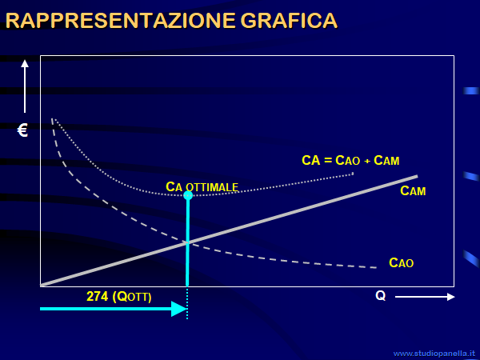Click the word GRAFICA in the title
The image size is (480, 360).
pos(289,21)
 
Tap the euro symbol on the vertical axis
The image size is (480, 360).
pos(22,130)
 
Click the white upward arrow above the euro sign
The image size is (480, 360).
pos(25,86)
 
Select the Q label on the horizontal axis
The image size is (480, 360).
pos(381,296)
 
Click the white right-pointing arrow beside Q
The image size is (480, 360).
pos(425,297)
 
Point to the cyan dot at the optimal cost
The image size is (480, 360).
pos(188,195)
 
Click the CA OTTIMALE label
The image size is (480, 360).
pos(202,186)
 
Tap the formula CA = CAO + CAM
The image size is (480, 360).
pos(350,161)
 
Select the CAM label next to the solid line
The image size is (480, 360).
pos(413,190)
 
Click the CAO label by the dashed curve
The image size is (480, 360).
pos(401,262)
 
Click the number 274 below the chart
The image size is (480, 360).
pos(98,296)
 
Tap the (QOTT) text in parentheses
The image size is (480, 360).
pos(132,297)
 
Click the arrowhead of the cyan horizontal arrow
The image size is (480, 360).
pos(179,309)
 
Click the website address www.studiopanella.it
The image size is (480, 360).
pos(434,354)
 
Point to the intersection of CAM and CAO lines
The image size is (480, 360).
pos(187,242)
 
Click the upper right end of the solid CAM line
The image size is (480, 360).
pos(418,176)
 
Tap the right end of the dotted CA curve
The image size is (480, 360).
pos(353,174)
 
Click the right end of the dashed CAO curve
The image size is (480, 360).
pos(376,268)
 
